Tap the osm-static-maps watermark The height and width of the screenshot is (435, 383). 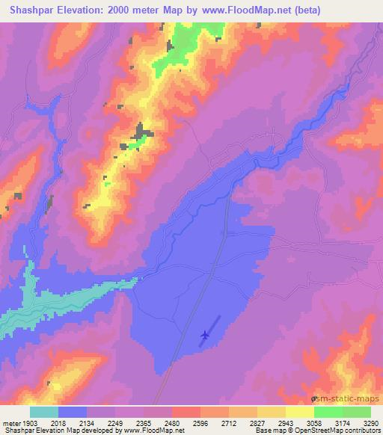click(x=346, y=400)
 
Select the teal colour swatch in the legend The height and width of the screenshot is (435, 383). click(x=44, y=412)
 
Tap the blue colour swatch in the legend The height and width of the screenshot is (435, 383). click(x=73, y=412)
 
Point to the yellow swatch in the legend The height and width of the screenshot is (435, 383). click(x=300, y=412)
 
